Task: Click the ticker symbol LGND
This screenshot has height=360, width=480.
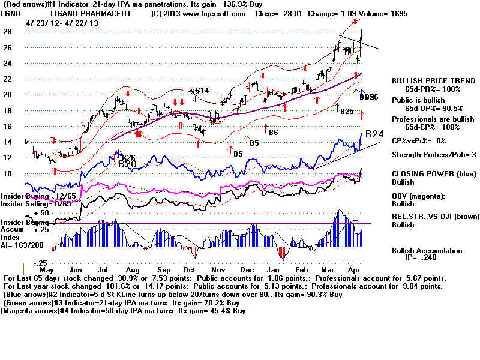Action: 13,13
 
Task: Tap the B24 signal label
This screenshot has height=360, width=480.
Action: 375,133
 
